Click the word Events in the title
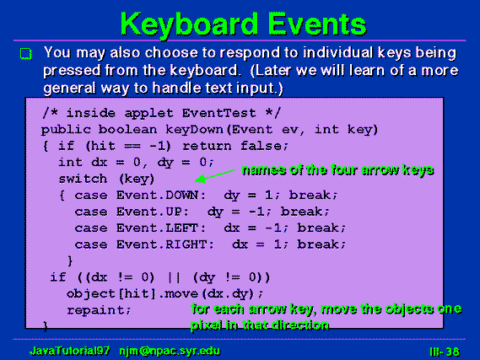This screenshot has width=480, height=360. click(x=317, y=24)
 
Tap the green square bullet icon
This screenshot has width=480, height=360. click(x=26, y=54)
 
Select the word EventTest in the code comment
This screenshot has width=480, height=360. click(x=218, y=113)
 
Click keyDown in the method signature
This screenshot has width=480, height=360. click(x=194, y=130)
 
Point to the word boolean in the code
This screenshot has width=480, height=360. click(x=127, y=130)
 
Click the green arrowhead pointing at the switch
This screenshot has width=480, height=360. click(x=201, y=180)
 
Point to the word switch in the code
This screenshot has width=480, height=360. click(x=83, y=179)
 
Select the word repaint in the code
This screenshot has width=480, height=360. click(x=95, y=310)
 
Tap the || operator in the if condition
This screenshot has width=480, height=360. click(x=174, y=277)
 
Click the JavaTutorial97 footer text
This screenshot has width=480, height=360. click(x=70, y=351)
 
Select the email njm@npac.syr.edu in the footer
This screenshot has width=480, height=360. click(x=170, y=351)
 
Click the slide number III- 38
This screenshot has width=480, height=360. click(x=445, y=352)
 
